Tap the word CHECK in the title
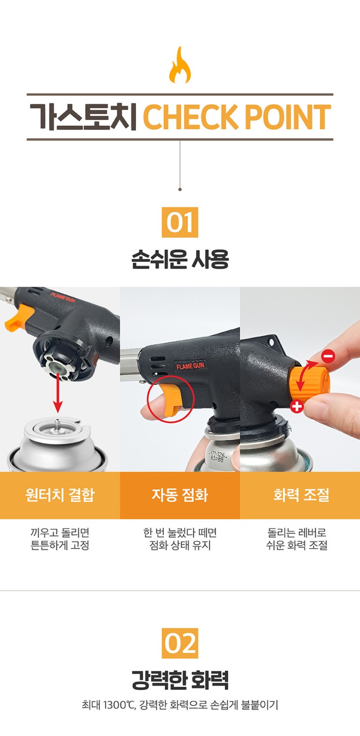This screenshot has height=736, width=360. [x=191, y=117]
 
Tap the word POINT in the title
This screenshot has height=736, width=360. [x=288, y=117]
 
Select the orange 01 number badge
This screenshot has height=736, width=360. [x=180, y=222]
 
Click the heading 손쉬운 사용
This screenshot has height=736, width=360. [x=180, y=260]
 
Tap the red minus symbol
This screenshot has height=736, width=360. [x=328, y=356]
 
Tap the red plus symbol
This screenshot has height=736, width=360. [x=297, y=406]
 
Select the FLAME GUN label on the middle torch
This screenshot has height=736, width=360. [x=190, y=366]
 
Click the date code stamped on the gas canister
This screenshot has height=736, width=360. [x=217, y=457]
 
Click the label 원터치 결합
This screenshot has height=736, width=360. [x=60, y=495]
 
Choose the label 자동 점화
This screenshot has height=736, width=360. [x=180, y=495]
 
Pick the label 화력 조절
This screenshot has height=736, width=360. [x=301, y=495]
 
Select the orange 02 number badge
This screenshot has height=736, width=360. [x=180, y=643]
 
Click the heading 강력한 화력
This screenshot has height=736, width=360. [x=180, y=680]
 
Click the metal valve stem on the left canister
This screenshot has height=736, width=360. [x=58, y=422]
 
